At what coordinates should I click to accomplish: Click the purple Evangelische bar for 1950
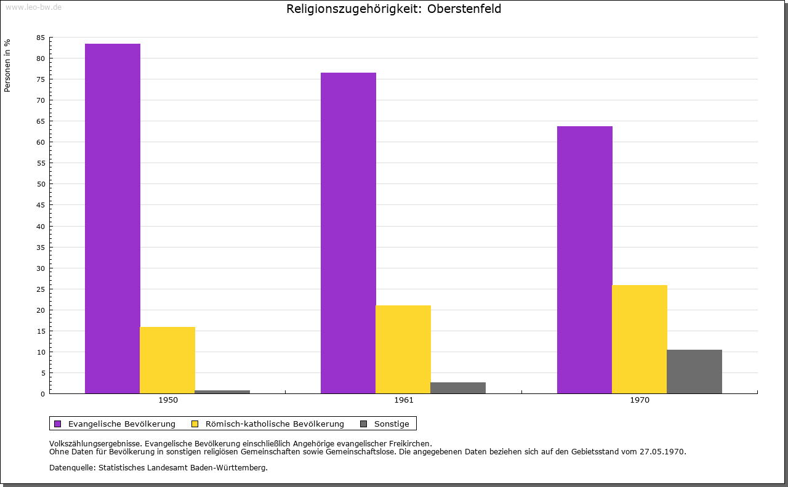(x=113, y=219)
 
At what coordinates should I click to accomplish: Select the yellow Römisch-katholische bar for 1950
(x=167, y=360)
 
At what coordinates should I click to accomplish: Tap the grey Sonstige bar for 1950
(x=222, y=392)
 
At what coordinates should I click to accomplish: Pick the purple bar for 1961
(x=348, y=233)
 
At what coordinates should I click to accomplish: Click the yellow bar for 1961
(x=403, y=349)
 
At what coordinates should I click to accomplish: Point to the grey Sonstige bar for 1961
(x=458, y=388)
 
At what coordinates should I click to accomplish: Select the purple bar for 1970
(x=585, y=260)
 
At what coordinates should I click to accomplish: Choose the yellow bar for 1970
(x=640, y=339)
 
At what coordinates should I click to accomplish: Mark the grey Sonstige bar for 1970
(x=694, y=371)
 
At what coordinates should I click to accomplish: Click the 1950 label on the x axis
(x=168, y=400)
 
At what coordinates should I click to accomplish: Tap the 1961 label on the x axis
(x=404, y=400)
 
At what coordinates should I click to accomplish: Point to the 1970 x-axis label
(x=640, y=400)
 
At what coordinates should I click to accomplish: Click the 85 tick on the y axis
(x=41, y=38)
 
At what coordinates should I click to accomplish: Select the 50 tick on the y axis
(x=41, y=184)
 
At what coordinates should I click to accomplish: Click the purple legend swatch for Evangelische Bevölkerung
(x=58, y=424)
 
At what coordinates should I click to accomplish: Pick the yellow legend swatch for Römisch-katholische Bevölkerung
(x=195, y=424)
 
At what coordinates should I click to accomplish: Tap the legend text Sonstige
(x=392, y=424)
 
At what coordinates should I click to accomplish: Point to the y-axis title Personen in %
(x=7, y=65)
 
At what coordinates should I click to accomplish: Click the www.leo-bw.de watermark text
(x=33, y=7)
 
